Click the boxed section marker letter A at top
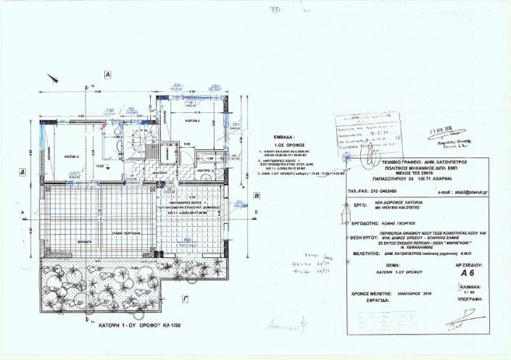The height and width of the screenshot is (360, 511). [x=107, y=74]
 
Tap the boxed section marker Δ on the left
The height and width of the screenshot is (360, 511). [x=23, y=172]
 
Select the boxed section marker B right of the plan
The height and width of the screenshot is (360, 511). [x=257, y=196]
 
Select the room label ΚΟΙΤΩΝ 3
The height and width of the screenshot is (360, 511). [x=192, y=121]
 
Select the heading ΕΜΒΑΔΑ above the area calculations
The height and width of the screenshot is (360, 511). [x=283, y=135]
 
